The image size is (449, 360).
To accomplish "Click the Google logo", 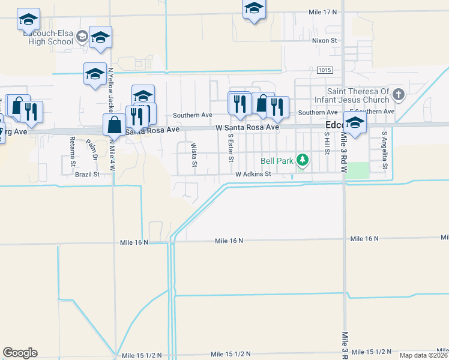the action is point(20,353).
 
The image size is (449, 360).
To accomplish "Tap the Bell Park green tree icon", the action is point(304,160).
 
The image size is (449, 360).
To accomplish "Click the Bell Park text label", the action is point(277,161).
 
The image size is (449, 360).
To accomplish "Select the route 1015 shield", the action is point(325,70).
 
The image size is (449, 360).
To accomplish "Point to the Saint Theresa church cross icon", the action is point(399,95).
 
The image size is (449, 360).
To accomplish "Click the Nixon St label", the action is point(325,40).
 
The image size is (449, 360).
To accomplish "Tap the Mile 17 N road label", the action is point(322,12).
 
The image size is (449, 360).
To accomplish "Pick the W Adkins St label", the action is point(253,174).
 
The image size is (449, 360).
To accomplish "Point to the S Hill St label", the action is point(327,144).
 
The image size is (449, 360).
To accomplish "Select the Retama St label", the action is point(72,152).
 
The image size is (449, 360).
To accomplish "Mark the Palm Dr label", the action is point(92,149).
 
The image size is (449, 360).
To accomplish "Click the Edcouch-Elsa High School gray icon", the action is point(82,38).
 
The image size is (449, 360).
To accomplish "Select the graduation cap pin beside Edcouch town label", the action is point(355,122).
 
